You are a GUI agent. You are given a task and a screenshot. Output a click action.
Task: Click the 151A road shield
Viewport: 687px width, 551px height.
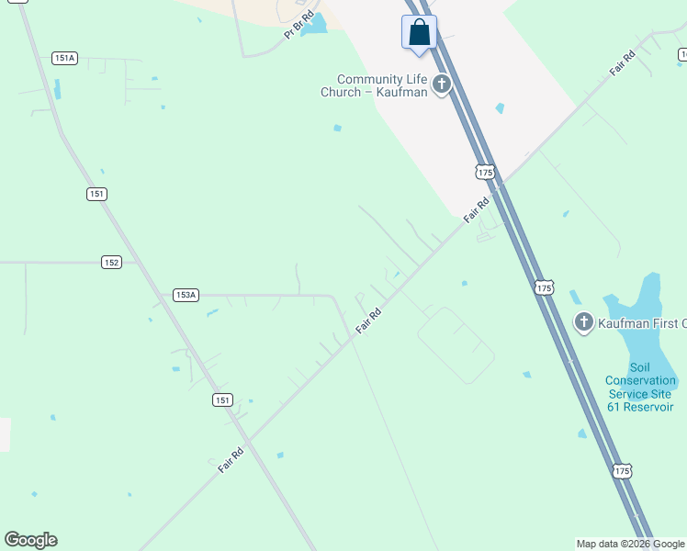[x=64, y=58]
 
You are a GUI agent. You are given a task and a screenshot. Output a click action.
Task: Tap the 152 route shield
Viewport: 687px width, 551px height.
[x=111, y=262]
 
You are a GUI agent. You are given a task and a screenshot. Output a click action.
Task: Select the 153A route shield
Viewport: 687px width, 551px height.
[x=186, y=295]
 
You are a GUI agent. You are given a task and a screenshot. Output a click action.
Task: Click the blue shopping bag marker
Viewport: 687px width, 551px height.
[x=419, y=32]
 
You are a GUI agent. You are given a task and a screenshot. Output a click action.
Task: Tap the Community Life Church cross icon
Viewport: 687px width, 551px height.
[x=442, y=85]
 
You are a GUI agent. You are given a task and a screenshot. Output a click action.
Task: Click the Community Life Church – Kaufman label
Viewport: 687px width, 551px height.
[x=375, y=85]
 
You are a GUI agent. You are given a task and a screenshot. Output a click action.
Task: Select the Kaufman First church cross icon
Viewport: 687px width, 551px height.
[x=583, y=322]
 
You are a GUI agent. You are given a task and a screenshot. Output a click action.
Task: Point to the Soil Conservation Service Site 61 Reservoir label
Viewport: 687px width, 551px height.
[x=640, y=393]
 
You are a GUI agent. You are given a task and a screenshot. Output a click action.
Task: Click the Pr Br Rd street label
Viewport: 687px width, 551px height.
[x=298, y=24]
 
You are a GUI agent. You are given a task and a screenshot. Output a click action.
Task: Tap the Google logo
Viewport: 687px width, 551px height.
[x=30, y=540]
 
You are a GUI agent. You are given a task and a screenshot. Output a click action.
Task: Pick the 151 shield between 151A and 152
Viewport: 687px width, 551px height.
[x=97, y=194]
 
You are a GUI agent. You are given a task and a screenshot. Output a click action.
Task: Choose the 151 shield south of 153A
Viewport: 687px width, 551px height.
[x=221, y=399]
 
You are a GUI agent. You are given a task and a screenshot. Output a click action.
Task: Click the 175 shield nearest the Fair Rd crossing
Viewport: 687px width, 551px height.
[x=486, y=172]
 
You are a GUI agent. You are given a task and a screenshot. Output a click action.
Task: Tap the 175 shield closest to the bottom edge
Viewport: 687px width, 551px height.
[x=622, y=470]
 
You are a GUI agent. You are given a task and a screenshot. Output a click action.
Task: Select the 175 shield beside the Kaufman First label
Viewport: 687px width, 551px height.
[x=545, y=287]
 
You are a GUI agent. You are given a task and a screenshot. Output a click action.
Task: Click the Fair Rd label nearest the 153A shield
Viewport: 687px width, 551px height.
[x=368, y=320]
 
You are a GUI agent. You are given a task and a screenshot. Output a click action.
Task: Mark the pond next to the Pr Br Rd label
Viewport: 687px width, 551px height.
[x=315, y=25]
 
